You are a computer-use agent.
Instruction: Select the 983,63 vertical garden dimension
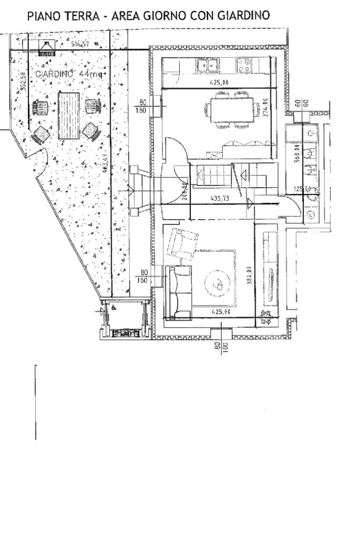coord(105,165)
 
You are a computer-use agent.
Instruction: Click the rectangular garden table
coord(68,116)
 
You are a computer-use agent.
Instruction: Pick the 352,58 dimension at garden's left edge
coord(22,81)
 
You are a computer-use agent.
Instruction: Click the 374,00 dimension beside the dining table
coord(266,109)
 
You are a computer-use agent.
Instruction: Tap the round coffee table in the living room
coord(217,284)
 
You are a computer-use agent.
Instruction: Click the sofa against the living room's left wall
coord(178,293)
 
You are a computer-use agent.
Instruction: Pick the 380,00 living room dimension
coord(249,275)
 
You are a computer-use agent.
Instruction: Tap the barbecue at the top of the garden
coord(47,48)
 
